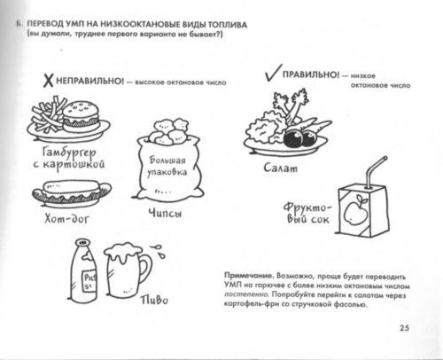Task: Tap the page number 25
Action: point(418,331)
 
